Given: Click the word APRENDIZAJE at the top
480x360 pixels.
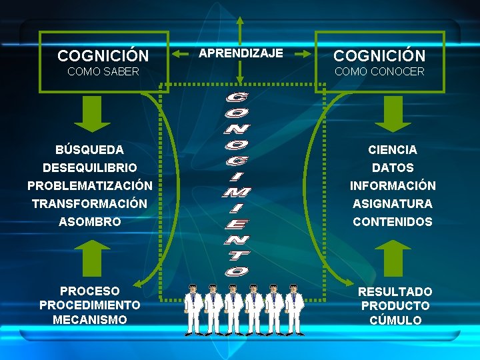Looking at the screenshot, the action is (x=241, y=53).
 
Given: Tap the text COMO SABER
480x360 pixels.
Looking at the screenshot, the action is (x=103, y=71).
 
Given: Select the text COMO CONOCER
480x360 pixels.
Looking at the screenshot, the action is (x=379, y=71).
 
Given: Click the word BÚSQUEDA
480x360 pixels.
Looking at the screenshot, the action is (x=90, y=149).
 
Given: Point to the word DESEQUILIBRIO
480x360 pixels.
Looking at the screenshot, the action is (x=90, y=167).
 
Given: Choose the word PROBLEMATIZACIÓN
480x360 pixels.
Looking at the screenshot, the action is (x=90, y=185).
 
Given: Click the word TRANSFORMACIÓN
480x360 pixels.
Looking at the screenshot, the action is (x=90, y=203).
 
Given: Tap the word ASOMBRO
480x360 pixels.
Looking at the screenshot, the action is (x=90, y=221).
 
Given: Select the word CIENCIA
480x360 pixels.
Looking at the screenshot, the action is (x=393, y=149).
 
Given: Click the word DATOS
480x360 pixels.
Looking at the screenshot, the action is (x=393, y=168).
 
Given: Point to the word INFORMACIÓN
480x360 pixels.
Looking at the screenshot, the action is (x=393, y=185).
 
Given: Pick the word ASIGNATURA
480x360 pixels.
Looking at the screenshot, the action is (x=393, y=203).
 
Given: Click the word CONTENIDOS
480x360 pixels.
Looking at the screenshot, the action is (x=393, y=221).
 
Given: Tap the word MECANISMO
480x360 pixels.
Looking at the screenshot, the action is (x=90, y=319).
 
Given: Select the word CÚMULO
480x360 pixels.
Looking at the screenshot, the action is (x=395, y=320).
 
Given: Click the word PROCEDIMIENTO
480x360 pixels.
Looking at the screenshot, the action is (x=90, y=305).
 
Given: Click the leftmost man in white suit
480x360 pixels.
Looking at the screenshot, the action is (x=193, y=309).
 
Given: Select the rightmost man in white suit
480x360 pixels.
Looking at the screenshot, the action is (x=293, y=309).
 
